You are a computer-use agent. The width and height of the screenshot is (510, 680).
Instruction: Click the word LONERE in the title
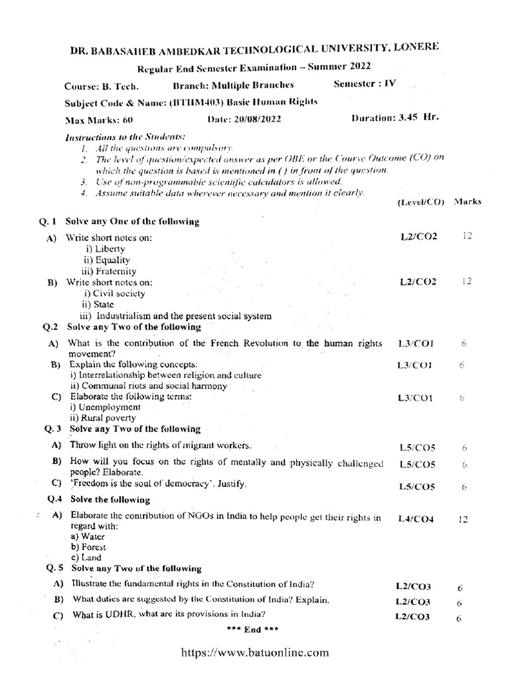pyautogui.click(x=410, y=46)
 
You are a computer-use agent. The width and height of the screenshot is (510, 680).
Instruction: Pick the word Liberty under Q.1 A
pyautogui.click(x=109, y=248)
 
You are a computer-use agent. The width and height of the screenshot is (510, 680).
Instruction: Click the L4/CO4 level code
pyautogui.click(x=416, y=519)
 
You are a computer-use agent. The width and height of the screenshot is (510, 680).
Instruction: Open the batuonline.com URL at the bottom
pyautogui.click(x=256, y=653)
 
